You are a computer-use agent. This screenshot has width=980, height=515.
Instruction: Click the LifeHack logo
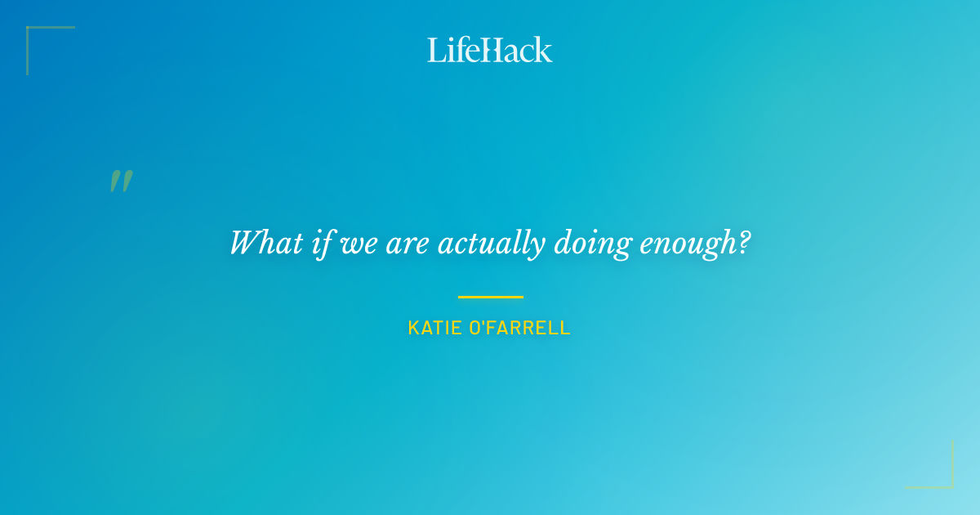490,50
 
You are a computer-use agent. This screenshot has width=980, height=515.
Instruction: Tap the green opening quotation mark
121,181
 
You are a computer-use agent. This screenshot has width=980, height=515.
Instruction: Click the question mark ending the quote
743,244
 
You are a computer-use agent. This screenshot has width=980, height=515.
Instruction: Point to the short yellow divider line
490,297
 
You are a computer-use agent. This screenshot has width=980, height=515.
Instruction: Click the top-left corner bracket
33,33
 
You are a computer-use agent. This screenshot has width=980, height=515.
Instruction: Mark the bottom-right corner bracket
947,482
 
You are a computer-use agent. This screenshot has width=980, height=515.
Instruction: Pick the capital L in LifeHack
435,50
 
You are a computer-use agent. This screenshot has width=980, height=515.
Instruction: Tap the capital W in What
243,244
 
